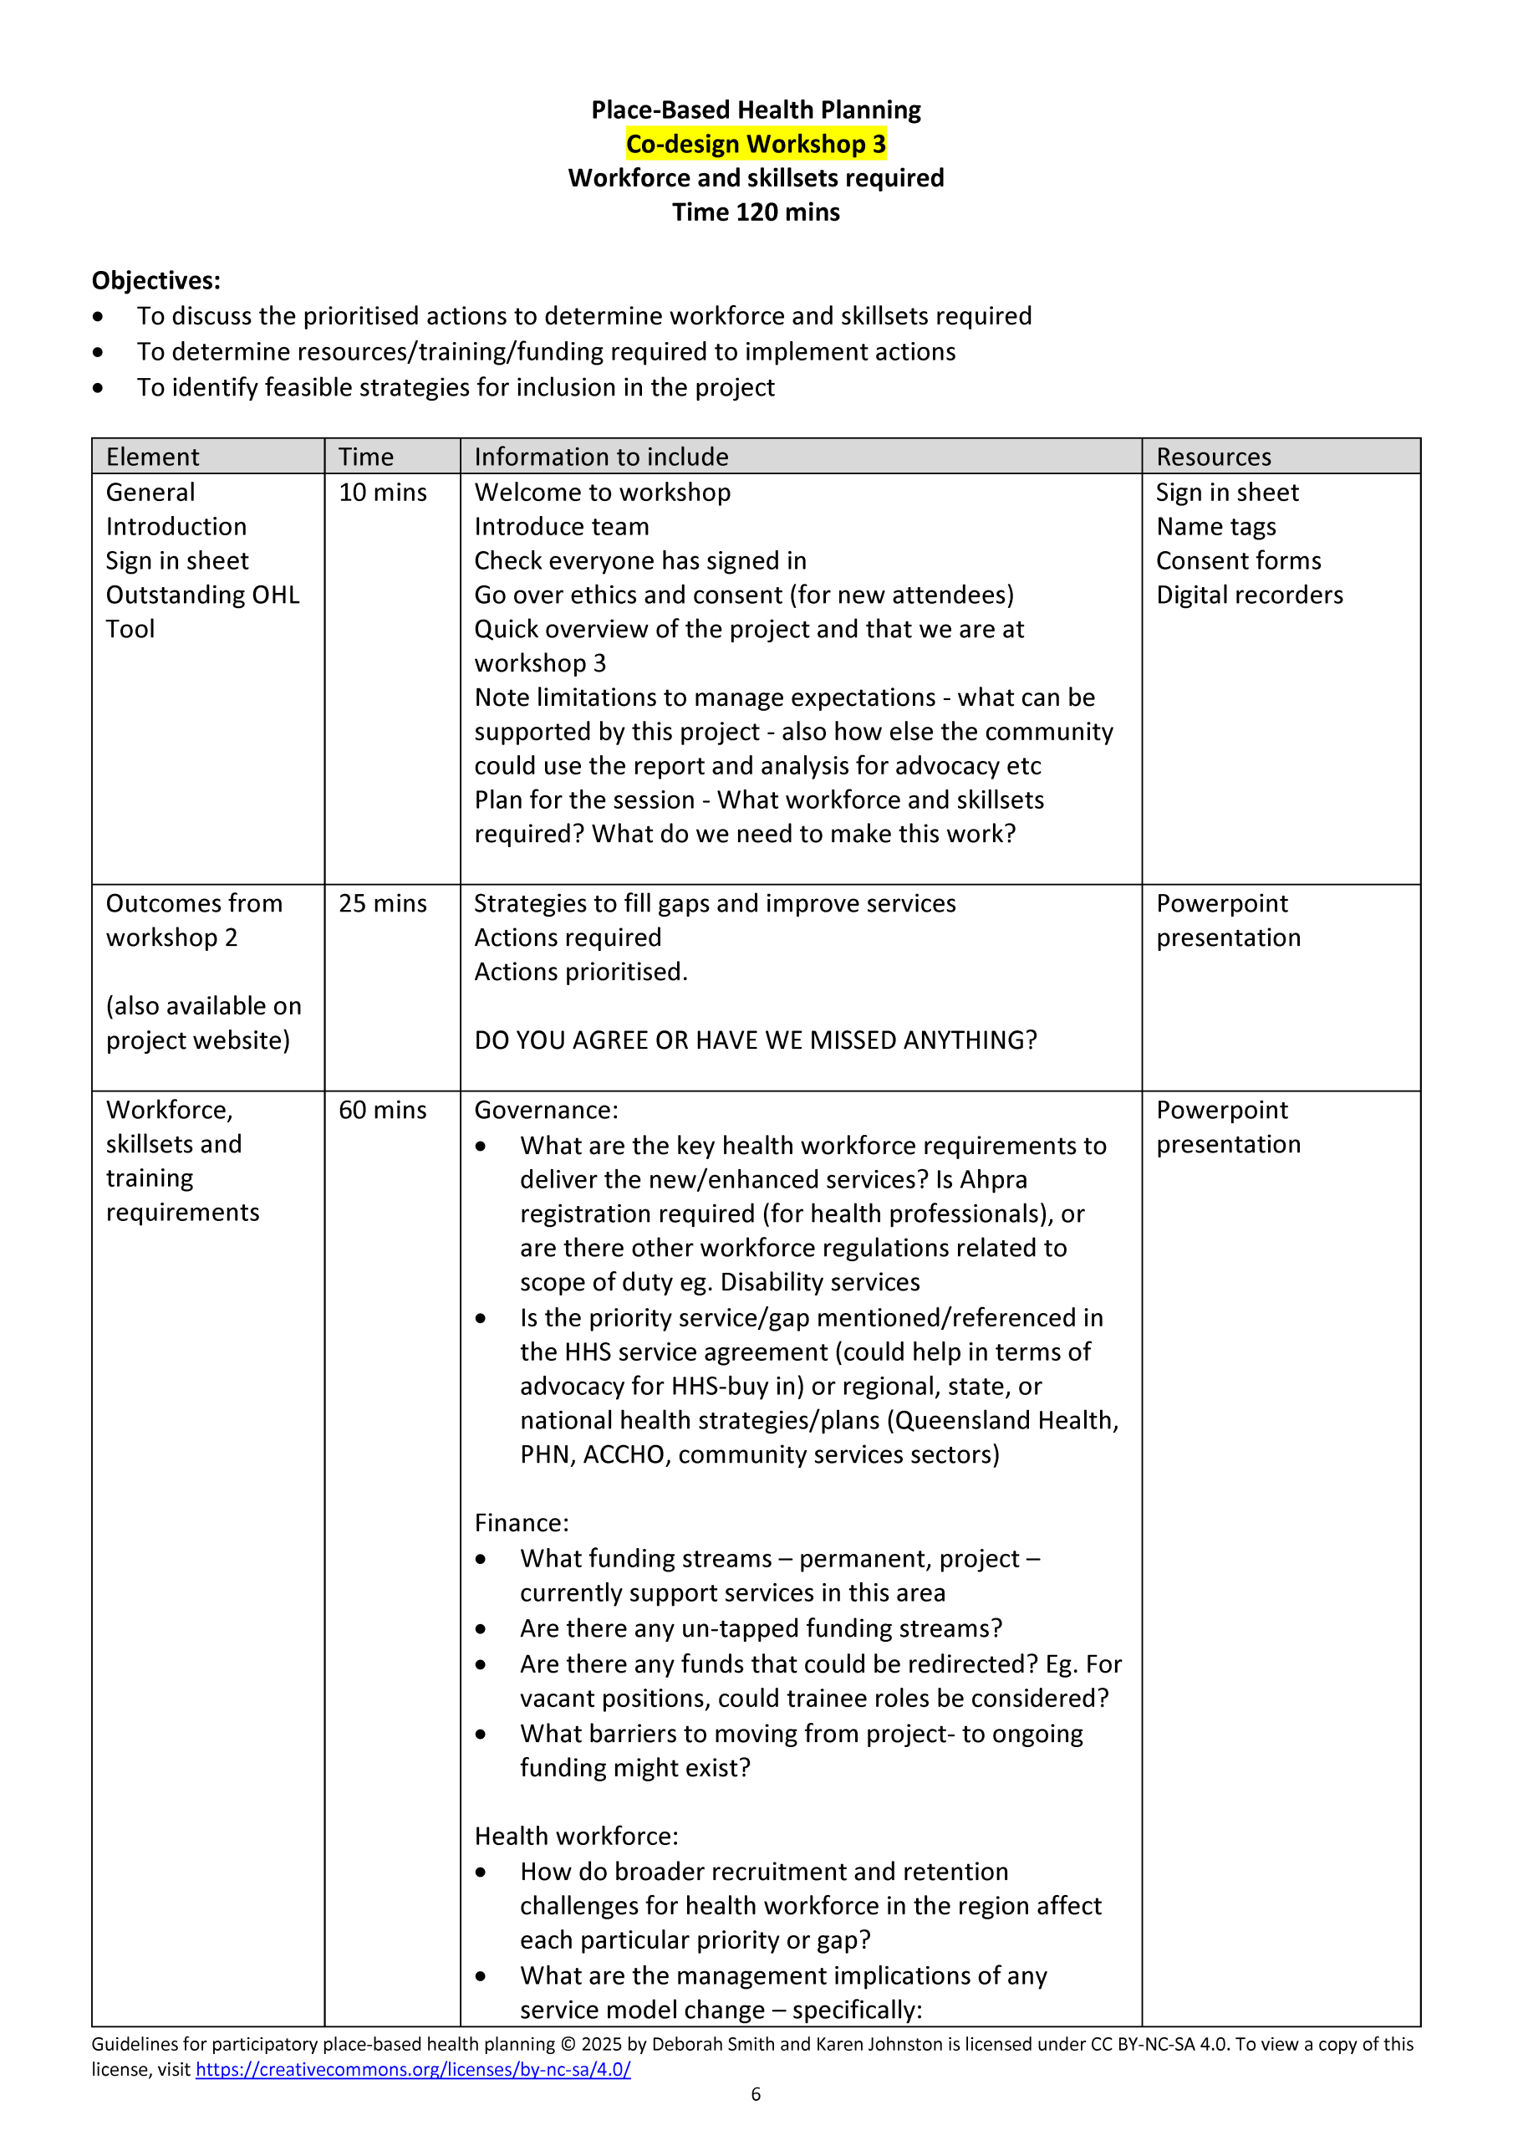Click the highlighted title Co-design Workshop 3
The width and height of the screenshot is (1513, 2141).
pyautogui.click(x=755, y=145)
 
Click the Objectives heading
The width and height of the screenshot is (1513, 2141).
pyautogui.click(x=155, y=281)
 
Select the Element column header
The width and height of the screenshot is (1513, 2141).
pyautogui.click(x=152, y=457)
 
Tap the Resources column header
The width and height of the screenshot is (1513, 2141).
pyautogui.click(x=1213, y=457)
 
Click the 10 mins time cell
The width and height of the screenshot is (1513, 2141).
pyautogui.click(x=382, y=493)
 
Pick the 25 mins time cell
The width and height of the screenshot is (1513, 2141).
pyautogui.click(x=382, y=903)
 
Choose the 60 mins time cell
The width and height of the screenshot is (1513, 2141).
pyautogui.click(x=382, y=1110)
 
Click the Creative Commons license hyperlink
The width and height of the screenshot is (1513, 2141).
pyautogui.click(x=413, y=2069)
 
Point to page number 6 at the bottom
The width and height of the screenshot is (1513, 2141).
pyautogui.click(x=755, y=2094)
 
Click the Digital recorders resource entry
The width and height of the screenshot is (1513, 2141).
pyautogui.click(x=1249, y=595)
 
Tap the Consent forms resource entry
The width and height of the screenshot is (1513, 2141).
pyautogui.click(x=1238, y=560)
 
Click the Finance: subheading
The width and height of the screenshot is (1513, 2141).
pyautogui.click(x=521, y=1523)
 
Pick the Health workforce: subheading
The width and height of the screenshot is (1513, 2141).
pyautogui.click(x=576, y=1836)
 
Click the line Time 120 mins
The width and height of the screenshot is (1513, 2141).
pyautogui.click(x=755, y=212)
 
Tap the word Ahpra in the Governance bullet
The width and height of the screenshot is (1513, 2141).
pyautogui.click(x=993, y=1179)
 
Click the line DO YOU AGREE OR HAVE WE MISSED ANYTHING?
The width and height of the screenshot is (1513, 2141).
pyautogui.click(x=755, y=1040)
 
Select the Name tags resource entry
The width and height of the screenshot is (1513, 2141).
pyautogui.click(x=1215, y=527)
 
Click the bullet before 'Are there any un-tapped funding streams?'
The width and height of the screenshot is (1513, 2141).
pyautogui.click(x=481, y=1630)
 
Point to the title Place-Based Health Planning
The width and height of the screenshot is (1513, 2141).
pyautogui.click(x=755, y=110)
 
